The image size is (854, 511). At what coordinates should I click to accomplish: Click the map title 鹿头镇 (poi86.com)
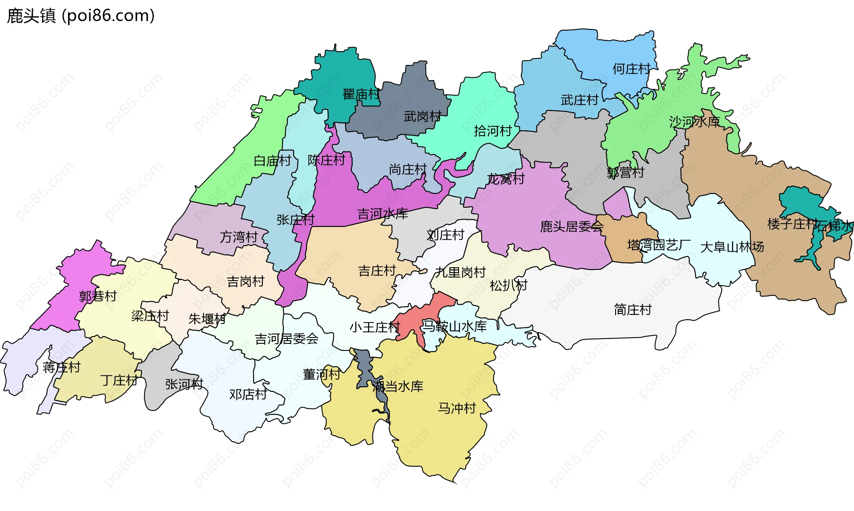(81, 16)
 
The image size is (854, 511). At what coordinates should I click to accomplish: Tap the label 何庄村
(631, 69)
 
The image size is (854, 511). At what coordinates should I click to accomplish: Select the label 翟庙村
(361, 94)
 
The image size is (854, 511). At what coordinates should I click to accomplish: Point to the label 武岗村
(422, 117)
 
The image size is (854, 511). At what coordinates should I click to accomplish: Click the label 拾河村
(493, 131)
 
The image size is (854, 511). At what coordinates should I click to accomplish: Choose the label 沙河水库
(694, 121)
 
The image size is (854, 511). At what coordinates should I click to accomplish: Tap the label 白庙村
(272, 161)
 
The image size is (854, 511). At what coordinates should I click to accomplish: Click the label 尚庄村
(408, 169)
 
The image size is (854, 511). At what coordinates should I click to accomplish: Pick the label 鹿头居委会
(572, 227)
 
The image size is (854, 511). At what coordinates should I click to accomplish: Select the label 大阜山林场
(732, 247)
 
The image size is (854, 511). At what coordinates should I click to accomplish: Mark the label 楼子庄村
(792, 224)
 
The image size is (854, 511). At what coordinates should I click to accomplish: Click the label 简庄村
(632, 310)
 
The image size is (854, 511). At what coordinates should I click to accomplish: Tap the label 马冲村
(457, 408)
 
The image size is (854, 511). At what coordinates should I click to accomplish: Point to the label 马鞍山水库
(454, 326)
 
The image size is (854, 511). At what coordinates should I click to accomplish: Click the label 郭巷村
(98, 296)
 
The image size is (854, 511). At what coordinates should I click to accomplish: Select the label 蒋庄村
(61, 367)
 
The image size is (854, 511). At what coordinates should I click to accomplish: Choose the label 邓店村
(248, 394)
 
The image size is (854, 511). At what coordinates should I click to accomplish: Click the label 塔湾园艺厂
(659, 245)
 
